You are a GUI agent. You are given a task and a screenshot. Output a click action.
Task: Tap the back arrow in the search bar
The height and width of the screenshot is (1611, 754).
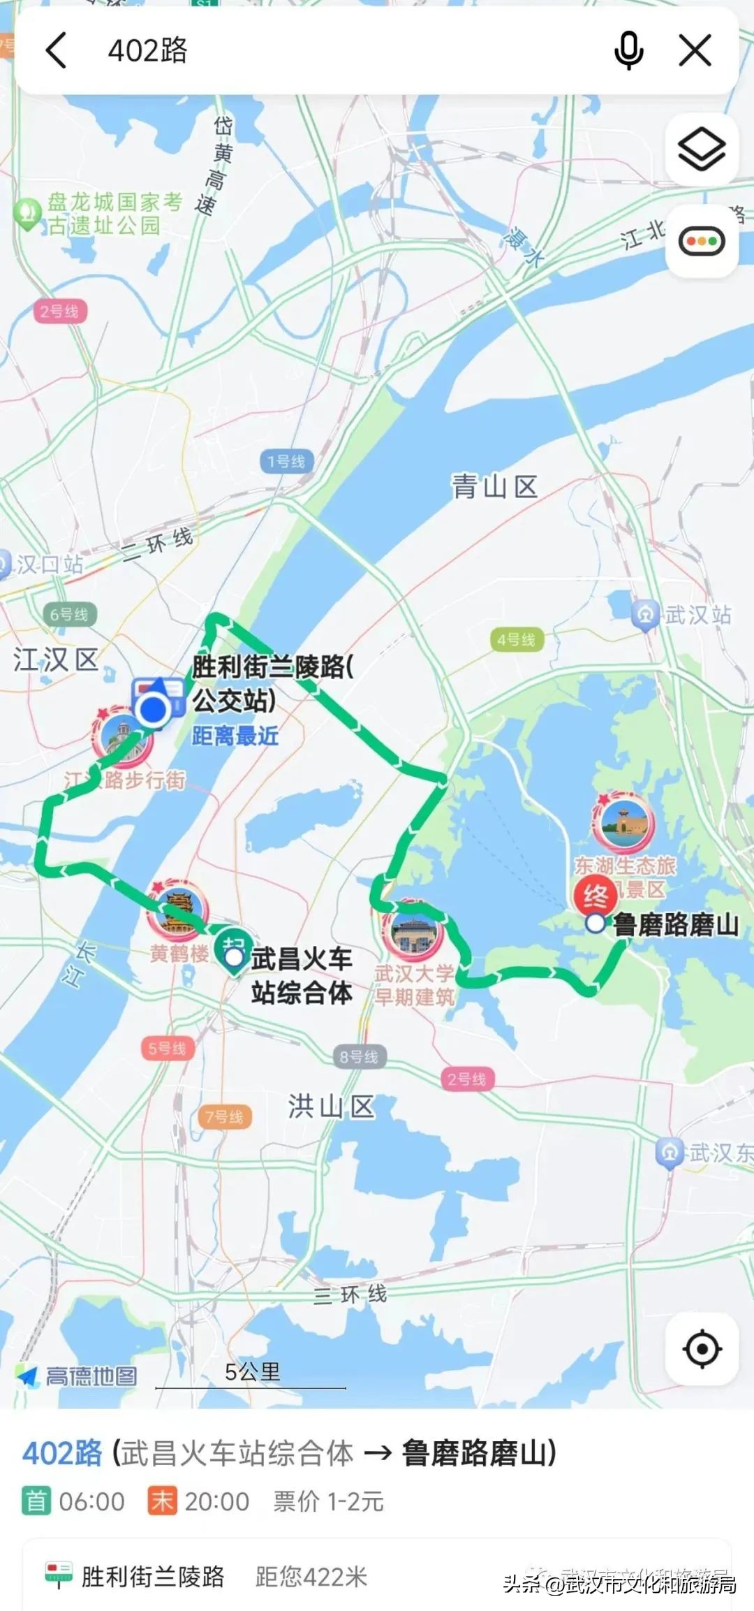56,50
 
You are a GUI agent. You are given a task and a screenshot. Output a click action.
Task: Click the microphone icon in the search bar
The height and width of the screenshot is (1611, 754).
628,50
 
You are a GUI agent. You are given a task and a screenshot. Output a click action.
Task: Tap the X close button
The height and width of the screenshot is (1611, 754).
695,50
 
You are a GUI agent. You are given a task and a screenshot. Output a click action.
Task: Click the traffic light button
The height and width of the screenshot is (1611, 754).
702,242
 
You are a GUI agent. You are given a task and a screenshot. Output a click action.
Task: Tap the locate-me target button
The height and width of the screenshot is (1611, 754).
702,1348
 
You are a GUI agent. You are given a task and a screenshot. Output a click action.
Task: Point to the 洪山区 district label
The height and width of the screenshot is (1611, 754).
331,1107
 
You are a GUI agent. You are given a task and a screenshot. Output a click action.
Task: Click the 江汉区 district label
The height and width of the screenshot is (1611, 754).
56,659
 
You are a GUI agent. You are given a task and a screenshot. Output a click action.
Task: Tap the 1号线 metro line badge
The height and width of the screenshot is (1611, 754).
286,461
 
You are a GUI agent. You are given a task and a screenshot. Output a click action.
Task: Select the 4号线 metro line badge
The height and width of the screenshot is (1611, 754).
516,639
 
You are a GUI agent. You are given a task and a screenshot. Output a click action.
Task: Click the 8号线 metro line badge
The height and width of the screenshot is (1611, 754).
359,1057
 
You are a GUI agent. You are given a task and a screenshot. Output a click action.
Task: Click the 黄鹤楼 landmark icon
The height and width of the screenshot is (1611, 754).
178,908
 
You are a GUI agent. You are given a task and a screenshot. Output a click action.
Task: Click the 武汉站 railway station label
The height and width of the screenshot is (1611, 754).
697,615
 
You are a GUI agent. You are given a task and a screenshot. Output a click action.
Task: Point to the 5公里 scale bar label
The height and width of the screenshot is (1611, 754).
252,1371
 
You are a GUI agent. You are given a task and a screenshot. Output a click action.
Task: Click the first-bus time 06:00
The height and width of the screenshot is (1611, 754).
91,1501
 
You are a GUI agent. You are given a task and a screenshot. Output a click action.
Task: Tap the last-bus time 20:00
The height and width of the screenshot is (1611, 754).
216,1501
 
